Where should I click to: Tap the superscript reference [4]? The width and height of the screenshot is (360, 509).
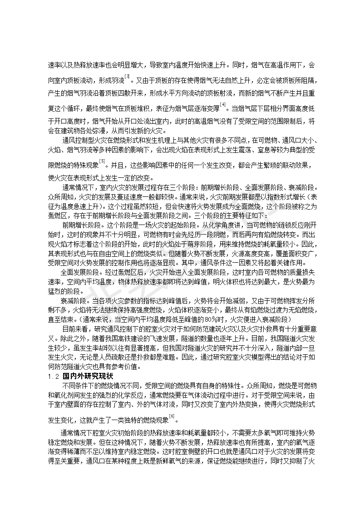(x=222, y=105)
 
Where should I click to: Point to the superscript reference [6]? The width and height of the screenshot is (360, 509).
(x=172, y=416)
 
